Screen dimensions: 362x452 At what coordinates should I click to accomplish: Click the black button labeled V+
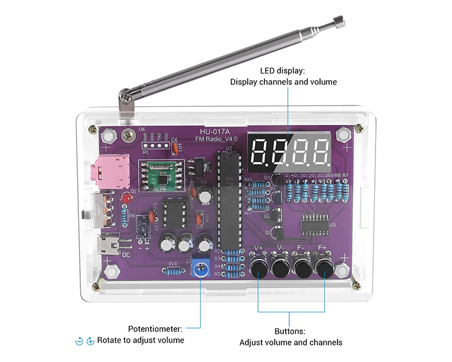[259, 266]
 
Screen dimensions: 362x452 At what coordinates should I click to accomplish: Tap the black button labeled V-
[281, 266]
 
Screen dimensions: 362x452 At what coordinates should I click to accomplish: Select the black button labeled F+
[325, 266]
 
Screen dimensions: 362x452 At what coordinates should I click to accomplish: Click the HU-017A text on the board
[215, 131]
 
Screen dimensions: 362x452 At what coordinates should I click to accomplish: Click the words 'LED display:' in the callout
[283, 71]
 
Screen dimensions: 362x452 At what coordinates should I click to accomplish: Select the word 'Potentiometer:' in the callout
[155, 329]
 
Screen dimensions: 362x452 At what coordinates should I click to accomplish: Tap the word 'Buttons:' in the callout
[290, 331]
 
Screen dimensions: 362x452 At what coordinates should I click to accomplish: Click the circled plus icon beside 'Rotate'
[90, 341]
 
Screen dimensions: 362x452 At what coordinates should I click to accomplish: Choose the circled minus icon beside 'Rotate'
[79, 341]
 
